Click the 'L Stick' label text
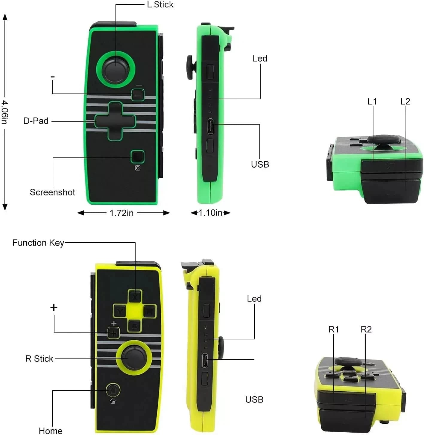click(160, 4)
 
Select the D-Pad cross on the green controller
click(115, 121)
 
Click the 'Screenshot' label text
click(52, 192)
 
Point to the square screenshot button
click(137, 157)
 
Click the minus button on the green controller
click(138, 95)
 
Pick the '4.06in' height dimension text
click(5, 112)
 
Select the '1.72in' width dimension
click(121, 213)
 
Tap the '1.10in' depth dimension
click(210, 213)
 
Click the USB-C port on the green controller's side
click(210, 126)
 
